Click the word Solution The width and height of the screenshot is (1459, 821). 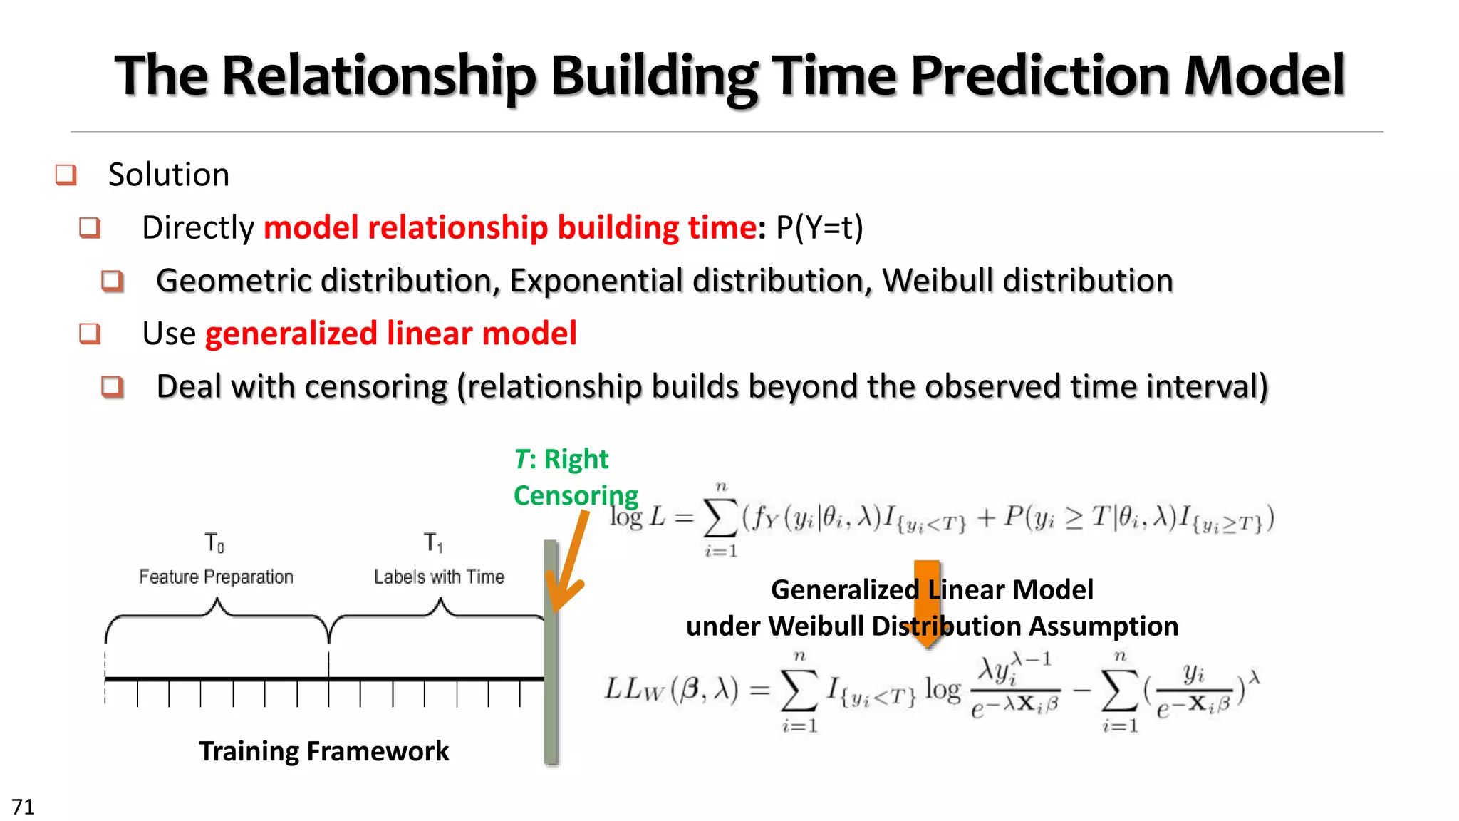(x=169, y=175)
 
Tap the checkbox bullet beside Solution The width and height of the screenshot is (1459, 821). (x=66, y=175)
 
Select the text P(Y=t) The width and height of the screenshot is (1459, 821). (x=819, y=228)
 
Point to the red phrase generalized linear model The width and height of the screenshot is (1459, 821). (x=390, y=334)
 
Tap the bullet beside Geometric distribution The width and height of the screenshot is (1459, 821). (x=113, y=281)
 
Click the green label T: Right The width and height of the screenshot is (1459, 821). (x=561, y=460)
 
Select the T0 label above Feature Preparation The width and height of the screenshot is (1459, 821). (x=214, y=543)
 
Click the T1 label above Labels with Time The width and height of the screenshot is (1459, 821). (x=433, y=543)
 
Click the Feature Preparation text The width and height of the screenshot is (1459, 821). (x=216, y=577)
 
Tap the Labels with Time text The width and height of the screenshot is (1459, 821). (x=439, y=577)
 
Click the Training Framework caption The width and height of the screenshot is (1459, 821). (x=324, y=751)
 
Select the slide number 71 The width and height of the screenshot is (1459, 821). (x=23, y=807)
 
